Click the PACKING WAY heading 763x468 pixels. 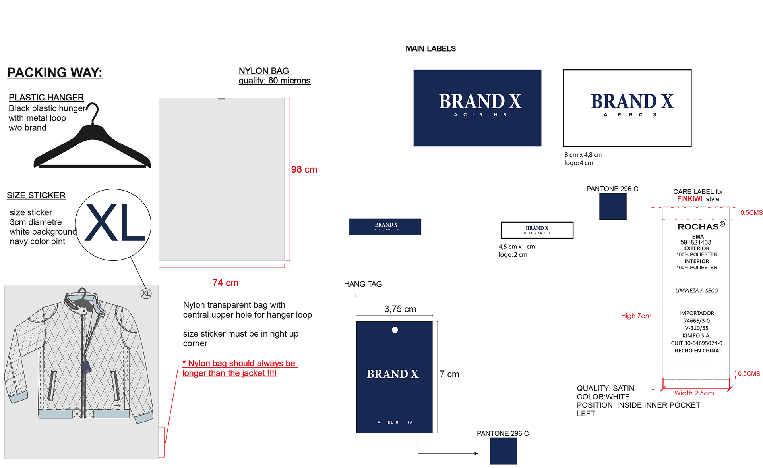55,73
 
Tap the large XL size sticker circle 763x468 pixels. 113,224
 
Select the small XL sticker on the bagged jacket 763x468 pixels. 146,293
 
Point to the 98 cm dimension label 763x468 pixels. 304,169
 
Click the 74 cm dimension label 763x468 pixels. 225,283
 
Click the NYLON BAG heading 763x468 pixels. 263,71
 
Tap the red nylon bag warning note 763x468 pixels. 239,368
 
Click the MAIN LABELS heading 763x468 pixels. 430,49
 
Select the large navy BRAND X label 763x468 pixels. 477,108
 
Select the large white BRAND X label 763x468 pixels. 627,108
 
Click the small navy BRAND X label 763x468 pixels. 385,226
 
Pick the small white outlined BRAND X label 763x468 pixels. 537,230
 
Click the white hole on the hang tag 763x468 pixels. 395,330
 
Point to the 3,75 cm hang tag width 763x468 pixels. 400,309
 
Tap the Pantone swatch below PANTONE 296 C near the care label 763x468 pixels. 613,206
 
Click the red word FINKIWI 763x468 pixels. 689,199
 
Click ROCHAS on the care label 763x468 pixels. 698,227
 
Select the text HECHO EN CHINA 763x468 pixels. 696,351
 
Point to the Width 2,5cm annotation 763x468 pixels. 694,393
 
